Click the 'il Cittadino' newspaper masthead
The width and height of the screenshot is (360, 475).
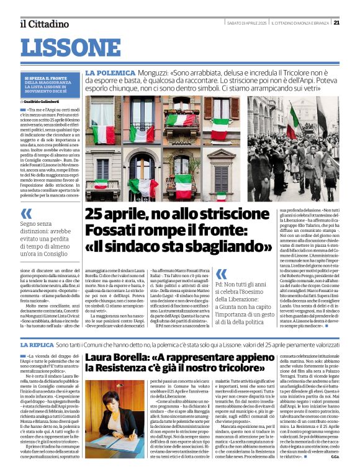[43, 24]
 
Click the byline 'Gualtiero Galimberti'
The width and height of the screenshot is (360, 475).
[44, 100]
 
